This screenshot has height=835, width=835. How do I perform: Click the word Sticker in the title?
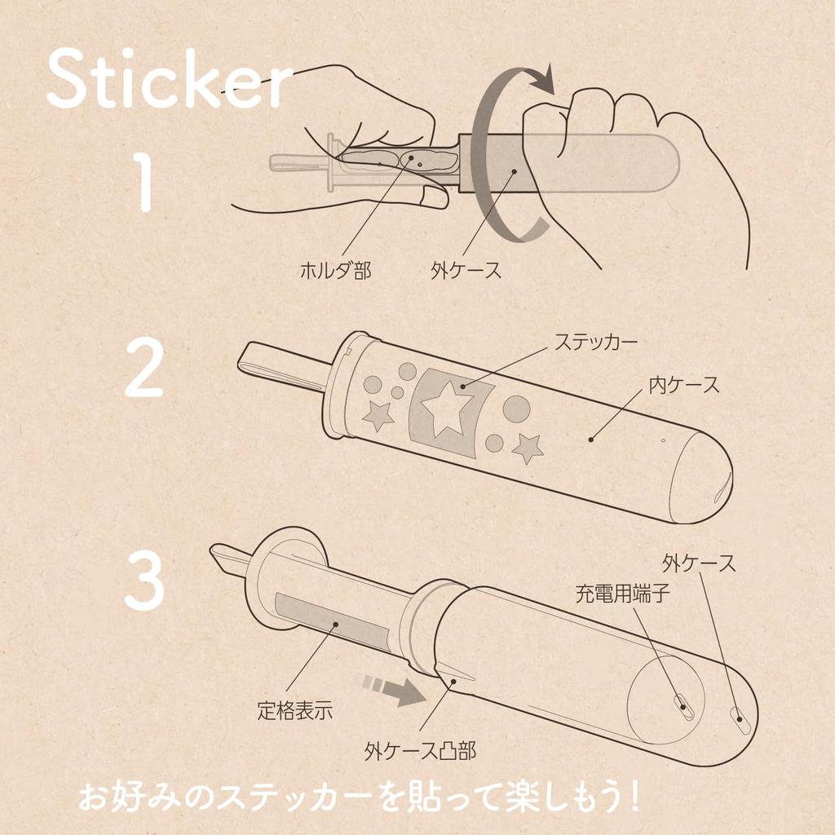point(170,79)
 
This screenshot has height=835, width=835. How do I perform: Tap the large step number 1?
point(144,182)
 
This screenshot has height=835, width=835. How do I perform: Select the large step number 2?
point(144,369)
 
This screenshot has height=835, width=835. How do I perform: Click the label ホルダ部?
point(335,271)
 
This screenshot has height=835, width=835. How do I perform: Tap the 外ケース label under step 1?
point(466,271)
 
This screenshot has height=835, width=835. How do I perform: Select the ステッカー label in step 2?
point(595,342)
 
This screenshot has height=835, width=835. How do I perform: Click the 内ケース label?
point(684,385)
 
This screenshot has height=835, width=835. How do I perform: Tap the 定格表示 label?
point(294,710)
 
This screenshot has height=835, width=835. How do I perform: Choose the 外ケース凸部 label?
point(420,751)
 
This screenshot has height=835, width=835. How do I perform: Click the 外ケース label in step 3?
point(699,563)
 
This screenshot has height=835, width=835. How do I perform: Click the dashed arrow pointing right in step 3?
point(393,690)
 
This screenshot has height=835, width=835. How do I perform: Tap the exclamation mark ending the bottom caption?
point(632,797)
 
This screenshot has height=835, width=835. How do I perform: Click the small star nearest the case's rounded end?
point(528,448)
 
